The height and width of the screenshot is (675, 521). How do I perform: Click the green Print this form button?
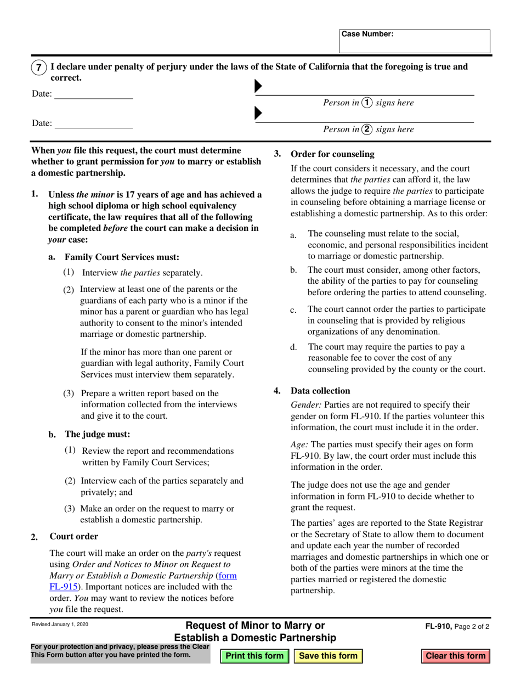click(x=254, y=656)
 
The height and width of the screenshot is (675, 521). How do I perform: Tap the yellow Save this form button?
click(x=328, y=656)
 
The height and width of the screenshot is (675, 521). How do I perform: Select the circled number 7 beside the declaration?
click(x=38, y=67)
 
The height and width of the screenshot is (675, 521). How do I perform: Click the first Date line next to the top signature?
click(x=93, y=94)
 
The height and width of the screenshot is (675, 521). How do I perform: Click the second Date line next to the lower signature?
click(x=93, y=123)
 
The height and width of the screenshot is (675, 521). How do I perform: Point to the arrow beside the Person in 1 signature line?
click(x=258, y=87)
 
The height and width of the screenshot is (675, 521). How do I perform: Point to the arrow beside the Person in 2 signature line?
click(x=258, y=114)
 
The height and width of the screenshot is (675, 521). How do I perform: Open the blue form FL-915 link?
click(x=227, y=576)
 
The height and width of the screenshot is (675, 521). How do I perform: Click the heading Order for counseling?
click(x=332, y=154)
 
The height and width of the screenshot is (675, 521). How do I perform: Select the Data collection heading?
click(x=320, y=391)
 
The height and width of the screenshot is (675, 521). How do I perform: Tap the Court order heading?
click(x=74, y=536)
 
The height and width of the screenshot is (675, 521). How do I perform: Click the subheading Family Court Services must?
click(x=122, y=257)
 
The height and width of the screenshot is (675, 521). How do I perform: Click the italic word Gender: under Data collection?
click(x=306, y=405)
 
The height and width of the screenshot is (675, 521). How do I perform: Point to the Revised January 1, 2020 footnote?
click(x=60, y=625)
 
